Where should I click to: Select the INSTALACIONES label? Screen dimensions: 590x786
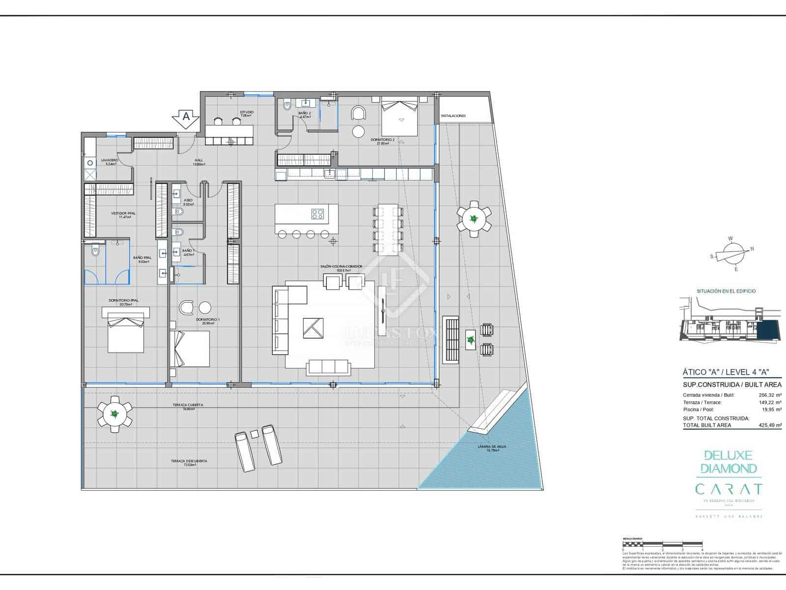click(x=453, y=116)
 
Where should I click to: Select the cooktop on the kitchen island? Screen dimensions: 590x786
click(x=318, y=214)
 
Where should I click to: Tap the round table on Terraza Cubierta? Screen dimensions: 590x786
click(x=114, y=414)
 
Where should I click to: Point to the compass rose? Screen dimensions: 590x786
click(x=731, y=254)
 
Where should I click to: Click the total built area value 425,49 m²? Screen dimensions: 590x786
click(x=769, y=425)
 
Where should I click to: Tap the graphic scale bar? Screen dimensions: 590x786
click(x=663, y=544)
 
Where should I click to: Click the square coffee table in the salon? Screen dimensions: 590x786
click(x=313, y=328)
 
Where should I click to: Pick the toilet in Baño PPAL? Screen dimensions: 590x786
click(x=95, y=252)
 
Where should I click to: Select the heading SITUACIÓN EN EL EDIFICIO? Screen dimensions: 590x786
click(x=726, y=291)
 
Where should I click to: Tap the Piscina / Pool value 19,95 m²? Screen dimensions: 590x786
click(x=769, y=409)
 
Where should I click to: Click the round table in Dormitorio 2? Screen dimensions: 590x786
click(x=359, y=132)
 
